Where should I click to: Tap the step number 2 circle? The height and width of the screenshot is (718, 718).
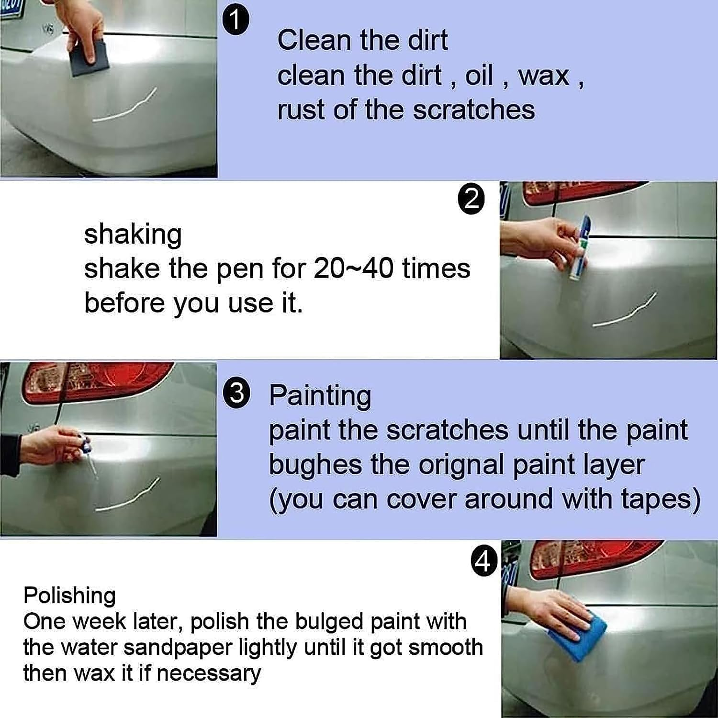[x=471, y=200]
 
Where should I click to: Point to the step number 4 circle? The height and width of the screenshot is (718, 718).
[x=484, y=562]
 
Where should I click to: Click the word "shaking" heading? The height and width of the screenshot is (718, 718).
[x=133, y=235]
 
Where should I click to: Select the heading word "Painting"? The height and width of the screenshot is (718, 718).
[x=320, y=396]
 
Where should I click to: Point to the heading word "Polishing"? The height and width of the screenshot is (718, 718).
[x=69, y=596]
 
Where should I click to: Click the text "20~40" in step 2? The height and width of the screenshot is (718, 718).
[x=354, y=269]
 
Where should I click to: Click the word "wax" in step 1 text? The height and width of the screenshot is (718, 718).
[x=544, y=76]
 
